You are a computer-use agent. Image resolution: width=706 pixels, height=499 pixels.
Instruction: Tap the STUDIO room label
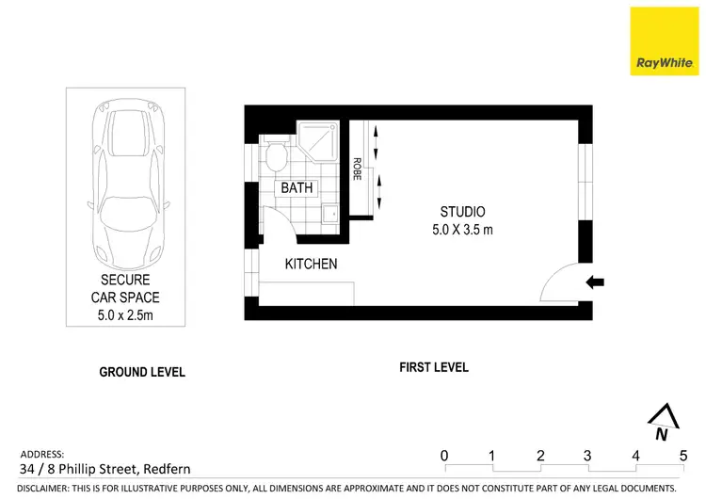pyautogui.click(x=462, y=211)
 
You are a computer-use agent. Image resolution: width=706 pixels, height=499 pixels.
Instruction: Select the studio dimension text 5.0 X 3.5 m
pyautogui.click(x=462, y=229)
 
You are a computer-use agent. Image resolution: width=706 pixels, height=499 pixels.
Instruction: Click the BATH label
pyautogui.click(x=297, y=188)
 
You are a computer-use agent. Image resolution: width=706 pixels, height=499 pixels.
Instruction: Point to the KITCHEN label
pyautogui.click(x=311, y=264)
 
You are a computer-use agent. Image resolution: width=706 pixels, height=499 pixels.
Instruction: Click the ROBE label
pyautogui.click(x=358, y=169)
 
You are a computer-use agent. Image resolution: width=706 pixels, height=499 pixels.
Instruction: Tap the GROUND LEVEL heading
pyautogui.click(x=142, y=372)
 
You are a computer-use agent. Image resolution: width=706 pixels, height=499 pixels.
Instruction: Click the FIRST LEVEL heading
pyautogui.click(x=433, y=367)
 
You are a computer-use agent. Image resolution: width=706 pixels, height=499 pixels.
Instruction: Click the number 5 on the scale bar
pyautogui.click(x=683, y=457)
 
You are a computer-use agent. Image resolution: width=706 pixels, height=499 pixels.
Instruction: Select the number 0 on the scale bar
pyautogui.click(x=444, y=457)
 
